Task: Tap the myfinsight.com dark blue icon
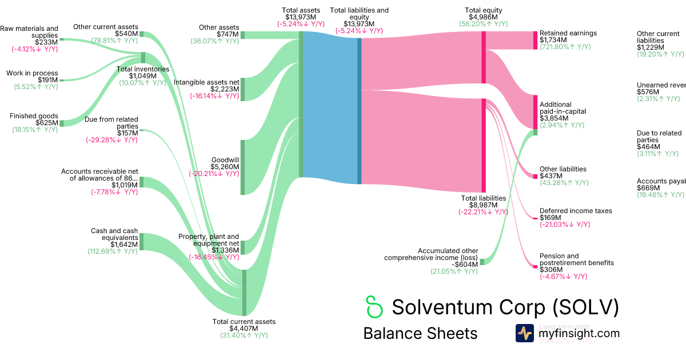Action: pyautogui.click(x=524, y=333)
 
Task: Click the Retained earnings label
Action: pyautogui.click(x=568, y=33)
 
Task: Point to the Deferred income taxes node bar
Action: pyautogui.click(x=536, y=218)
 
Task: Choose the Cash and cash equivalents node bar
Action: pyautogui.click(x=141, y=241)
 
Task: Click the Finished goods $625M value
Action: pyautogui.click(x=46, y=123)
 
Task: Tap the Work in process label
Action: pyautogui.click(x=32, y=73)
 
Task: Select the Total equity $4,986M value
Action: pyautogui.click(x=483, y=17)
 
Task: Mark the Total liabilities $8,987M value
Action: pyautogui.click(x=483, y=205)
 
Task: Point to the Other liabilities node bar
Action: pyautogui.click(x=536, y=175)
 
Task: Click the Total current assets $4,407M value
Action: pyautogui.click(x=244, y=329)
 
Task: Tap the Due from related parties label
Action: pyautogui.click(x=111, y=123)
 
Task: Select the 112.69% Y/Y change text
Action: pyautogui.click(x=113, y=251)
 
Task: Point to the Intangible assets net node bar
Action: pyautogui.click(x=242, y=89)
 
